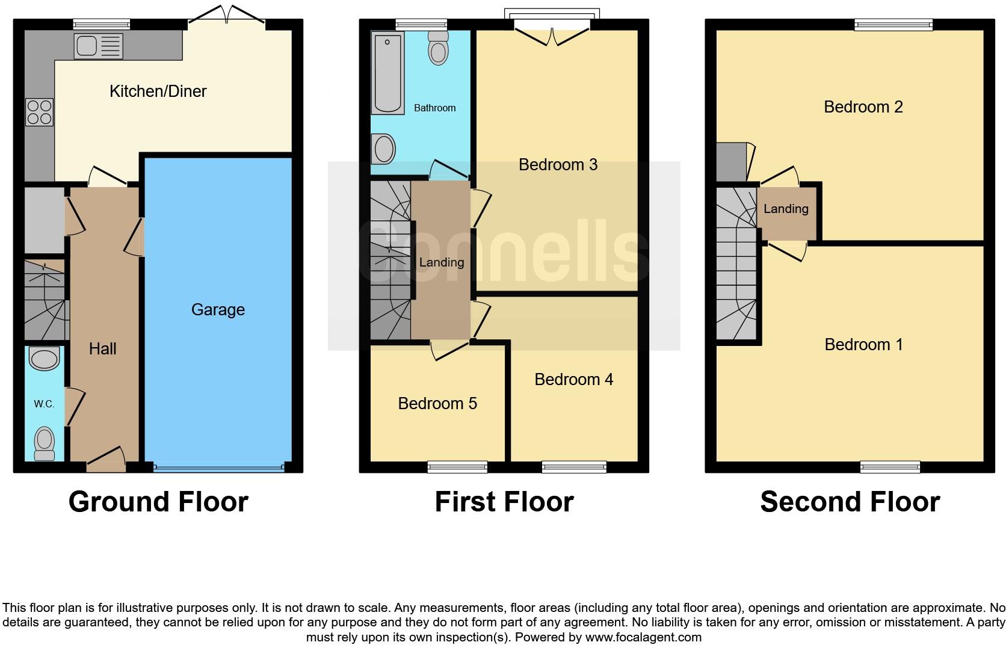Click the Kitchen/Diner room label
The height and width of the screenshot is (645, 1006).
coord(158,91)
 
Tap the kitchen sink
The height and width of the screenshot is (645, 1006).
coord(98,46)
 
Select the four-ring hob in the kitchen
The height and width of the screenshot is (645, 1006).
coord(39,113)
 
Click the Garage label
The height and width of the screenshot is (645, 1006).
coord(218,310)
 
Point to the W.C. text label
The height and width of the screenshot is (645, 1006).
coord(44,404)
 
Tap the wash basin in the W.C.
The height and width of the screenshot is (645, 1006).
coord(45,360)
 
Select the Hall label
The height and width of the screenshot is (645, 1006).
coord(102,349)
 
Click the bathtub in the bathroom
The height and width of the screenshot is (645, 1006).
coord(388,73)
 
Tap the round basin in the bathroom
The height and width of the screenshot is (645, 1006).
coord(384,149)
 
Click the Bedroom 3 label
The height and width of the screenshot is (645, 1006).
coord(558,165)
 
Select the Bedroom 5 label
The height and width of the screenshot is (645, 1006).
coord(437,404)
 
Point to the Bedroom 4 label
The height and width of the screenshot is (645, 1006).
coord(573,380)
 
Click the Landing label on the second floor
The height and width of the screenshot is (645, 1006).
coord(786,209)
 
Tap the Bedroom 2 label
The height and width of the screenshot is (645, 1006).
coord(863,107)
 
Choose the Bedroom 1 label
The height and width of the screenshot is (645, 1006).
coord(863,345)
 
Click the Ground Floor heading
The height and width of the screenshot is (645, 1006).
coord(158,502)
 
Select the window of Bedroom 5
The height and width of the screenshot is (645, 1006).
coord(457,466)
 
